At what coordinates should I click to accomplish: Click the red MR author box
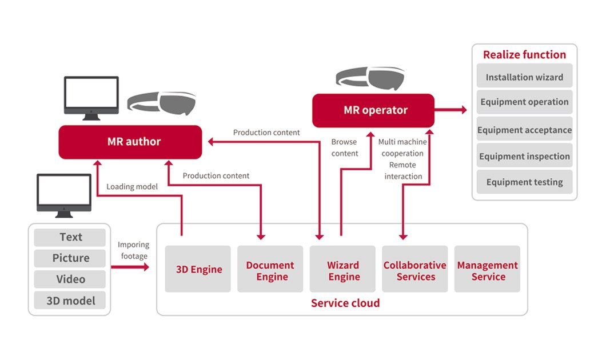pyautogui.click(x=130, y=142)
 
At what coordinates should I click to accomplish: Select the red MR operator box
pyautogui.click(x=373, y=110)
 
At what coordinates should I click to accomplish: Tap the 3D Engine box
pyautogui.click(x=198, y=269)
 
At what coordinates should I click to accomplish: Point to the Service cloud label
pyautogui.click(x=345, y=303)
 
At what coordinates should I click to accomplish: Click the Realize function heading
pyautogui.click(x=524, y=55)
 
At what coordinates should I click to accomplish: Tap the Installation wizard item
pyautogui.click(x=524, y=77)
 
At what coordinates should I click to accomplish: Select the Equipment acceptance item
pyautogui.click(x=524, y=130)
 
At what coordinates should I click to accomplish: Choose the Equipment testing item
pyautogui.click(x=524, y=182)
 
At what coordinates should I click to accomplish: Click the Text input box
pyautogui.click(x=70, y=237)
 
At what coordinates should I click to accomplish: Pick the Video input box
pyautogui.click(x=70, y=279)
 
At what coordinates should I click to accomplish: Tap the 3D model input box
pyautogui.click(x=70, y=301)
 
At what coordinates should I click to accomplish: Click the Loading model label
pyautogui.click(x=132, y=186)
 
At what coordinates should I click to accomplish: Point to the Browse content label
pyautogui.click(x=345, y=147)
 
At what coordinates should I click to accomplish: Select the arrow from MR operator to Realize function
pyautogui.click(x=451, y=110)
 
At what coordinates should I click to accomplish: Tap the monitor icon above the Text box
pyautogui.click(x=63, y=195)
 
